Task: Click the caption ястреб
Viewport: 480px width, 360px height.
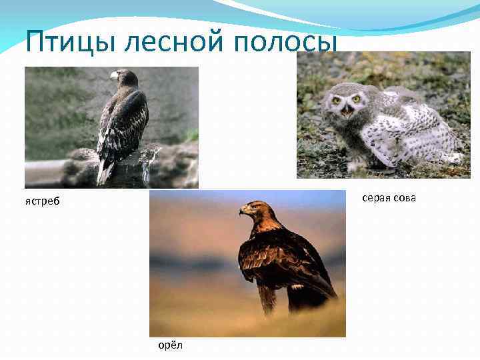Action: [43, 202]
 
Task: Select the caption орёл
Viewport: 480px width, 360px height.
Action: [170, 345]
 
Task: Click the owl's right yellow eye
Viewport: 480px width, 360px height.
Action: [357, 99]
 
